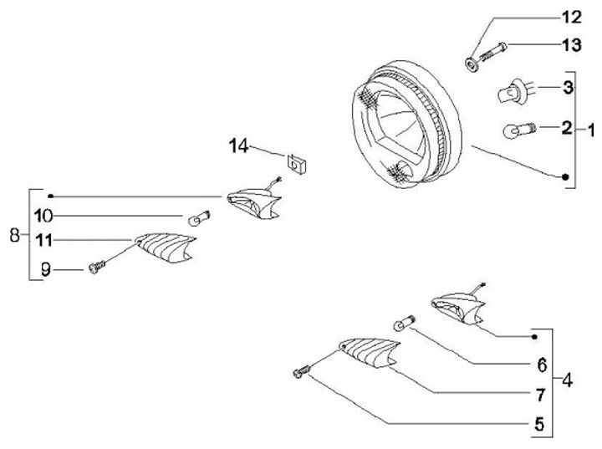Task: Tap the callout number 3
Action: (566, 87)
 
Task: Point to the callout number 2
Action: (566, 128)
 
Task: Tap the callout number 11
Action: (43, 241)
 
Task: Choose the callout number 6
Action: (542, 365)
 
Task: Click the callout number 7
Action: (542, 393)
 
